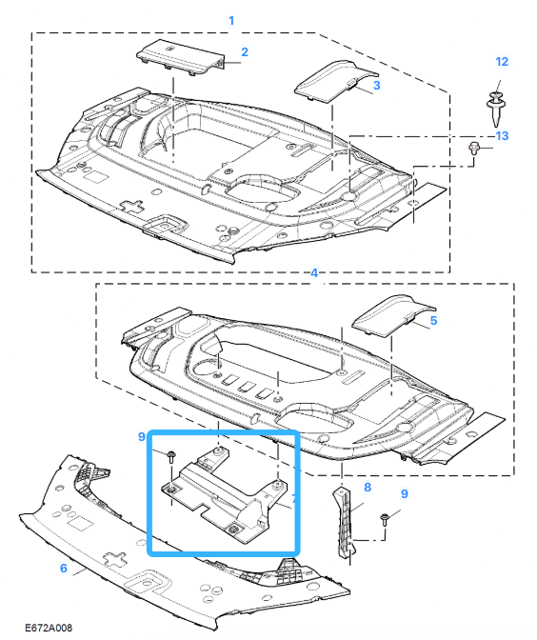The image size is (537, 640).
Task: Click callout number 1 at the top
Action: point(231,20)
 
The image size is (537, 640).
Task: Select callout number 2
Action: point(245,51)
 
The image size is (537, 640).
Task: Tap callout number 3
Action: point(377,85)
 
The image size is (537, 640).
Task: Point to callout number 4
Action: point(314,272)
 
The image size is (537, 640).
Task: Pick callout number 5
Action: point(433,320)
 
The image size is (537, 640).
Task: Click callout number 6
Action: point(63,568)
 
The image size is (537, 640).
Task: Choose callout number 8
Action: point(368,487)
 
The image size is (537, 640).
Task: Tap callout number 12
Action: point(502,62)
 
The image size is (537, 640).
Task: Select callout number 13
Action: point(502,135)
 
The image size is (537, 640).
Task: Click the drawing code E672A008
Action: point(49,628)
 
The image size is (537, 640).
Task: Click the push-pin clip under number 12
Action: point(495,110)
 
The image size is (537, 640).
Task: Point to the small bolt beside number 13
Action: point(473,148)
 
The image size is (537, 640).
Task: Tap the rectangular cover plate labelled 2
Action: point(180,57)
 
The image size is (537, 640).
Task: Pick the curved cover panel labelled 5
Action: point(393,315)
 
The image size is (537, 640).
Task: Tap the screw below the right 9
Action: point(385,520)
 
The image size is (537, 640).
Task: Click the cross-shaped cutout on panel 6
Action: point(115,560)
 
